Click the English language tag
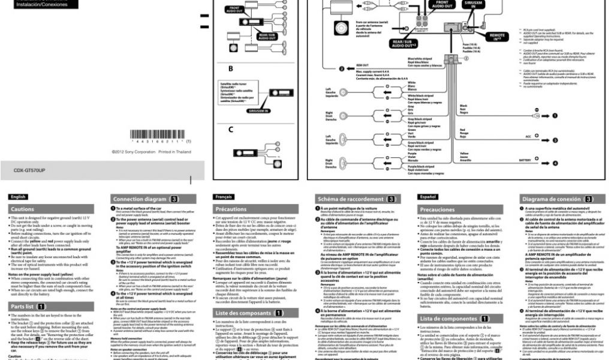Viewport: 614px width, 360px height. (x=18, y=196)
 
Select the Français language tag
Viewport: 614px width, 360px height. (x=224, y=196)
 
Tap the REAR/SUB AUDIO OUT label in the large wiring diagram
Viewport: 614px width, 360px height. (x=406, y=43)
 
